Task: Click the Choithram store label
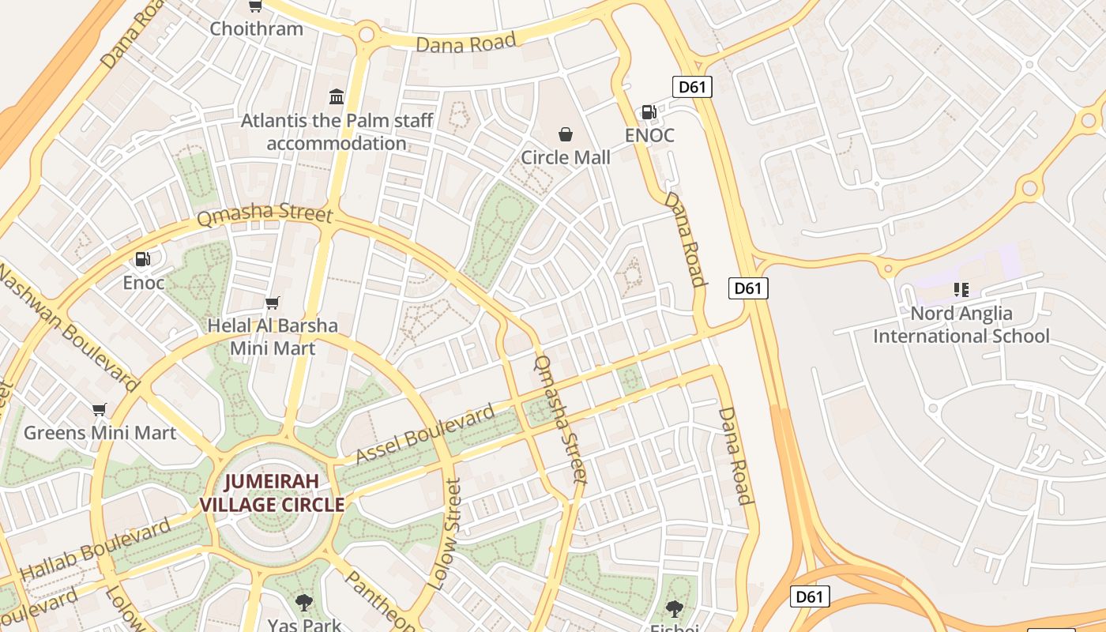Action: point(256,29)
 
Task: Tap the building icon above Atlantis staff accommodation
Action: point(337,97)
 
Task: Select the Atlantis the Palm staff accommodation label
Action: point(337,132)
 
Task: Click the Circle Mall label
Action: point(566,157)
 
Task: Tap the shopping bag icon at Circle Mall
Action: point(566,134)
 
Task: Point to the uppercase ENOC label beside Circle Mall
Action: point(649,135)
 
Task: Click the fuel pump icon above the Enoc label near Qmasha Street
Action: point(143,259)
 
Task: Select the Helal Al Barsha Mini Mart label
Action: point(273,337)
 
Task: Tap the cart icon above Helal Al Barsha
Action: point(273,303)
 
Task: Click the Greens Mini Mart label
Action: point(100,433)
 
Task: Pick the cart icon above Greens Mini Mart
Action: point(100,409)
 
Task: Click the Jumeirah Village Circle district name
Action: point(272,493)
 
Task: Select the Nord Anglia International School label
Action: point(961,325)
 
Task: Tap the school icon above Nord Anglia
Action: point(961,290)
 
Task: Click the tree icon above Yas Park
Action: point(303,604)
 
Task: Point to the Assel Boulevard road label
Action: point(425,434)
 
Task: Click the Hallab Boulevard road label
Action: point(95,549)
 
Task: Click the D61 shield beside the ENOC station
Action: point(692,87)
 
